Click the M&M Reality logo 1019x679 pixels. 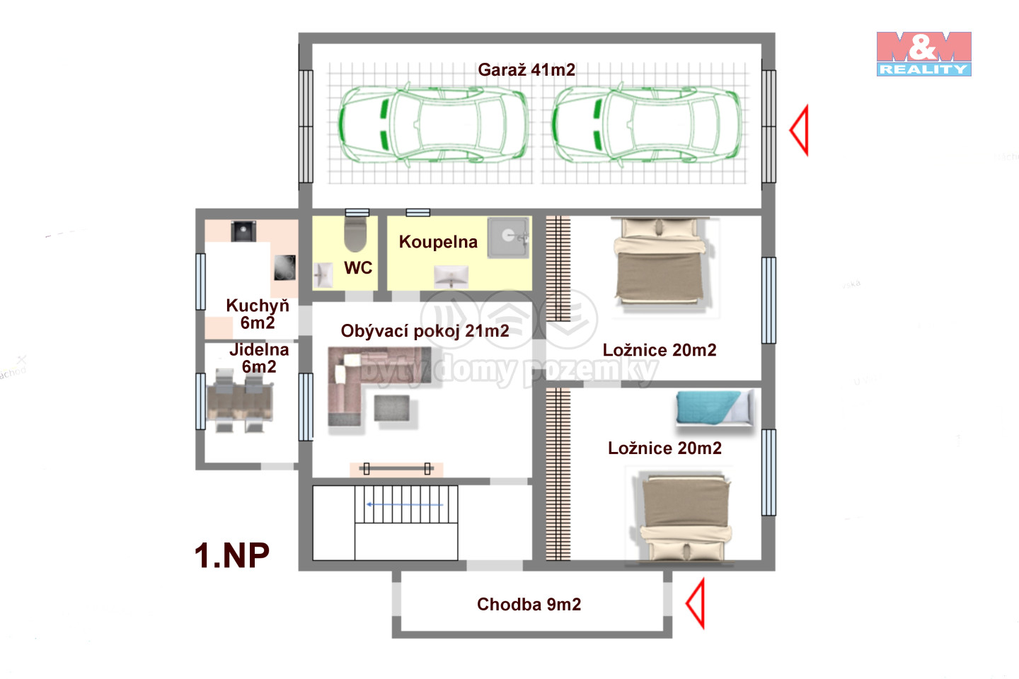click(x=923, y=54)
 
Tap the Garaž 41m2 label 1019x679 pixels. click(x=526, y=69)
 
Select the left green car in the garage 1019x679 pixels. click(x=432, y=123)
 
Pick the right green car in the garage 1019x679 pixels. click(x=647, y=123)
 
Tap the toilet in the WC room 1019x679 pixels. click(x=355, y=234)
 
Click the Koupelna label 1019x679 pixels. click(x=438, y=242)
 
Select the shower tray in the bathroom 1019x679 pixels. click(x=509, y=238)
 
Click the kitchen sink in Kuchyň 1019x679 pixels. click(x=243, y=231)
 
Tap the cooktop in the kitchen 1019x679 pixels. click(x=284, y=267)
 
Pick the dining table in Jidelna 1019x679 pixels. click(x=240, y=400)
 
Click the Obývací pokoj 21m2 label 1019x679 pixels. click(x=425, y=331)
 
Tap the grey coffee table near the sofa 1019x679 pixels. click(x=392, y=408)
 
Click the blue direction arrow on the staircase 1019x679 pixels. click(x=405, y=504)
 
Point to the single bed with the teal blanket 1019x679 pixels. click(x=715, y=408)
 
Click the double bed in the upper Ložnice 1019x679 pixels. click(x=660, y=262)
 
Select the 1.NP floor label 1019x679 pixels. click(x=232, y=555)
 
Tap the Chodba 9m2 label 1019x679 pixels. click(x=529, y=605)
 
